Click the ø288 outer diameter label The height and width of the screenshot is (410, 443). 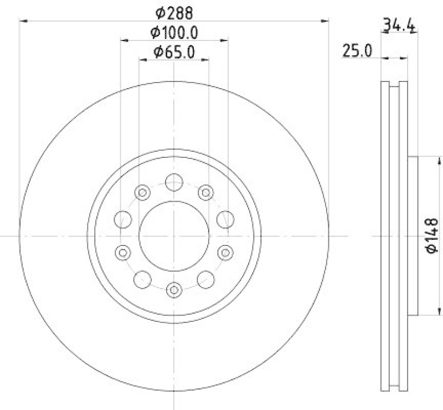174,11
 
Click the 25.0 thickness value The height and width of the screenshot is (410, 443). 357,51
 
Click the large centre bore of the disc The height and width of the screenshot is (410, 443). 174,236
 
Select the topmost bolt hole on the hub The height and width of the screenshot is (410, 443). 174,181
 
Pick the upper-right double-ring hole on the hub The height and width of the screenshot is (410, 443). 206,192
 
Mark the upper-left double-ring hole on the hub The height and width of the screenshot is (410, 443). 142,192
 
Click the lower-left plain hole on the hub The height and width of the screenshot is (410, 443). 142,279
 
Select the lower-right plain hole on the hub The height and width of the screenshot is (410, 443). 206,279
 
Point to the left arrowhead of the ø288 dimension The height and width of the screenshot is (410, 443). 23,20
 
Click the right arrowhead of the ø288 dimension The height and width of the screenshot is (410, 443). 326,20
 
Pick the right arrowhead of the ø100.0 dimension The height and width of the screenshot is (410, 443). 224,40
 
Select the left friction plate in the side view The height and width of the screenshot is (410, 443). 385,236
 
